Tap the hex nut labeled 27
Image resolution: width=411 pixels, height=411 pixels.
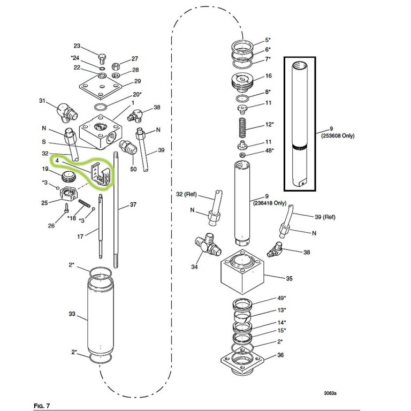pyautogui.click(x=116, y=66)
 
